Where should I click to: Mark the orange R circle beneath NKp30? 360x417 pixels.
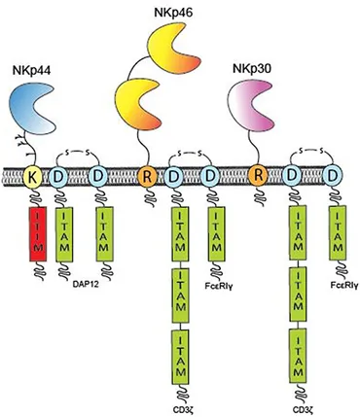pyautogui.click(x=258, y=179)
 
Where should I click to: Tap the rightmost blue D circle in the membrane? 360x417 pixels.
pyautogui.click(x=332, y=179)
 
